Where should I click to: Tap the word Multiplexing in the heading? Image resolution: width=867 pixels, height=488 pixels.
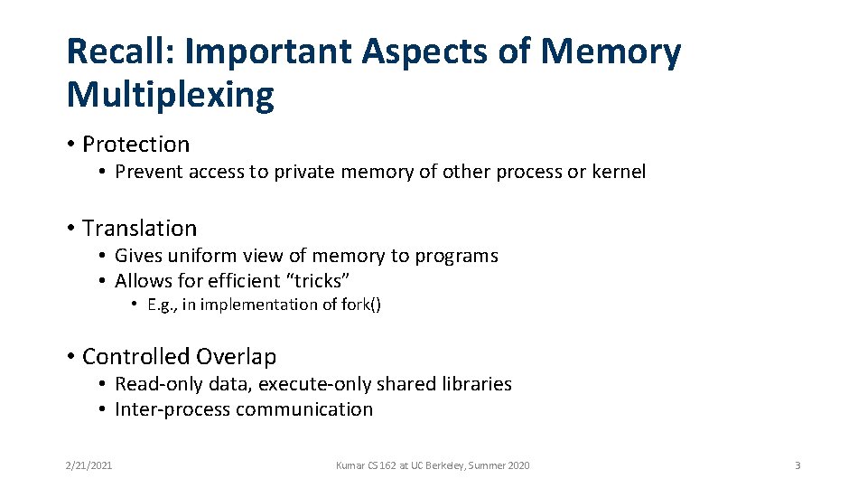pos(171,95)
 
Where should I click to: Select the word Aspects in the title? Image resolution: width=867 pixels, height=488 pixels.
pos(424,52)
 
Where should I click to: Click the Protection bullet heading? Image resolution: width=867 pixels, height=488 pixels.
pos(136,145)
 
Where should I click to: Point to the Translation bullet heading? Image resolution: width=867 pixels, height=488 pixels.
pos(139,229)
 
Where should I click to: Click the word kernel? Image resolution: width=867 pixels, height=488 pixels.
pos(619,172)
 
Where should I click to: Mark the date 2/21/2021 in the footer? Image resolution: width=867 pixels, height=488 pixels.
pos(89,465)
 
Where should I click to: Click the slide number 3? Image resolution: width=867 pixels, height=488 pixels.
pos(797,465)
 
